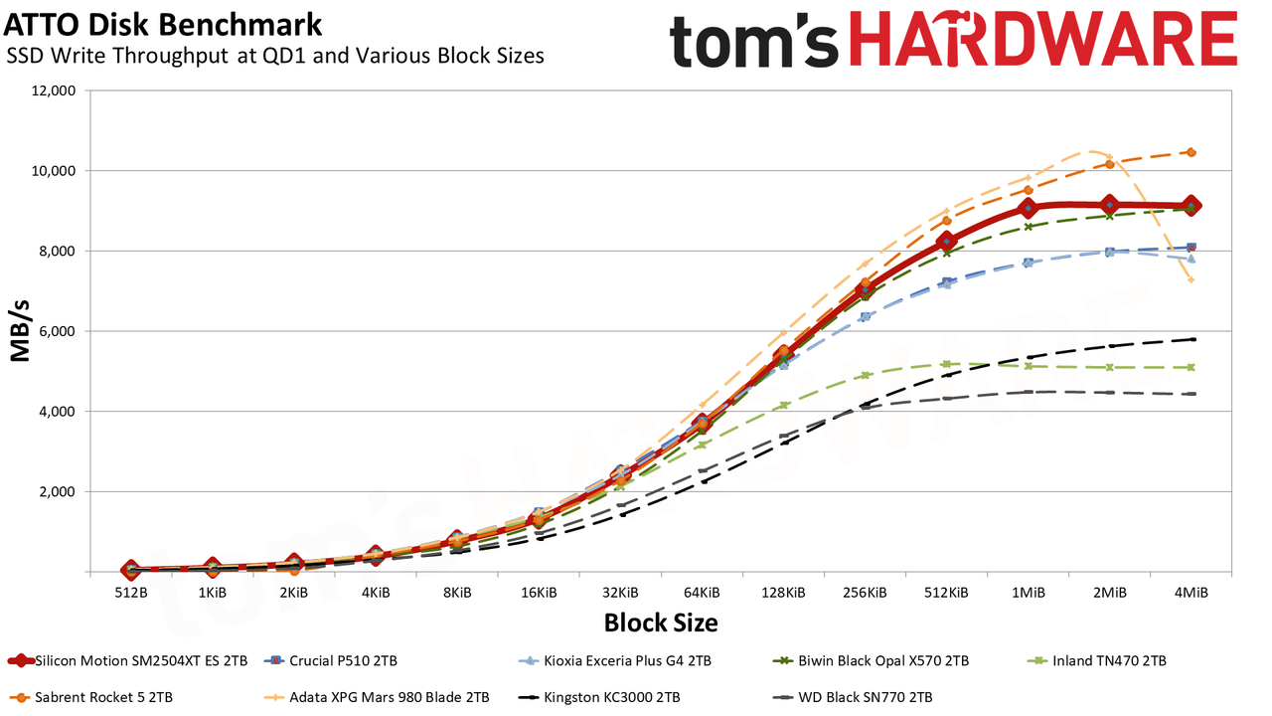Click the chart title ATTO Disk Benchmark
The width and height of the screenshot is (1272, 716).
[x=163, y=26]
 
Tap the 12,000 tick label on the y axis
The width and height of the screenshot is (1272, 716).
[x=53, y=90]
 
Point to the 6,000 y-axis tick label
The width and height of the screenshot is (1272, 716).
[x=57, y=331]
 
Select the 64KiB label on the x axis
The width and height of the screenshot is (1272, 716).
[x=702, y=593]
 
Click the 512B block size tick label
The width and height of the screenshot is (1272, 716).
[x=131, y=593]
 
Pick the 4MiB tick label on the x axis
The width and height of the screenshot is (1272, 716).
[x=1191, y=593]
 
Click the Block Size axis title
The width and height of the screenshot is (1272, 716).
[x=661, y=623]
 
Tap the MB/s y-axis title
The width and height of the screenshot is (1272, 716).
[x=20, y=331]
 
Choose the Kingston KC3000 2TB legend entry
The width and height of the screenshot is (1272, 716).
[x=599, y=697]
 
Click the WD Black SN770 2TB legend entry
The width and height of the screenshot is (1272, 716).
[x=853, y=697]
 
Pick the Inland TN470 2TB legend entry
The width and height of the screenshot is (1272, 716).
[x=1098, y=661]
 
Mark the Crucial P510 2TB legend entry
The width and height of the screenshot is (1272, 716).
[x=331, y=661]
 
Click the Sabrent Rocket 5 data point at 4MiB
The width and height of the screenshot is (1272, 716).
[x=1192, y=152]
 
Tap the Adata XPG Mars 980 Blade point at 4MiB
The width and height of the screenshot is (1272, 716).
[x=1192, y=280]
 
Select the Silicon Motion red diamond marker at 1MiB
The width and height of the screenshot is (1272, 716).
[x=1028, y=209]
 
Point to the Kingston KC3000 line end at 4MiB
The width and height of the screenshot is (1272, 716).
[x=1192, y=339]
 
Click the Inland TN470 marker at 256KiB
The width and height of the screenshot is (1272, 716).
[x=865, y=375]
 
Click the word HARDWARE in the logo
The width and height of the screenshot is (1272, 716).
[x=1043, y=39]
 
